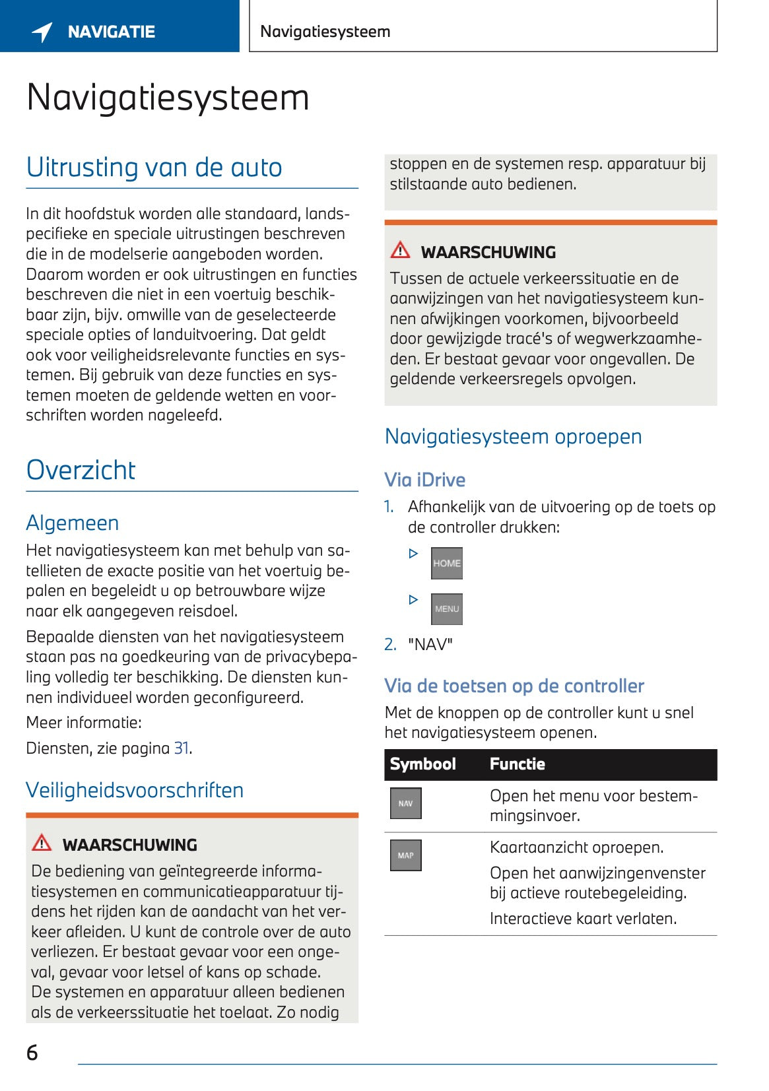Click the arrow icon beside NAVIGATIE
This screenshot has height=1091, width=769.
click(42, 32)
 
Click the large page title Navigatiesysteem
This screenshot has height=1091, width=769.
click(168, 98)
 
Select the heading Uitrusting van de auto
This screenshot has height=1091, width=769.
click(154, 168)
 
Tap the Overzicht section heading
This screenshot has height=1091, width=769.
click(81, 470)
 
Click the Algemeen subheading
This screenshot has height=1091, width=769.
click(73, 523)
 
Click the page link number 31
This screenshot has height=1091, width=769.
click(181, 748)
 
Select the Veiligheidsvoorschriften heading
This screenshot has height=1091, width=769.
click(135, 790)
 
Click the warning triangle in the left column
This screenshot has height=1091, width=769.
click(42, 843)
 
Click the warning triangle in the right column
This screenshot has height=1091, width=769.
click(400, 250)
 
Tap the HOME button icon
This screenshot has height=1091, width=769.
click(446, 563)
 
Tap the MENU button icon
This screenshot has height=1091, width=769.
click(446, 609)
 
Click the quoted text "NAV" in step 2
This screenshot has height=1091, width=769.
click(430, 644)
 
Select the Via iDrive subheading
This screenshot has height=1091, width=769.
click(424, 480)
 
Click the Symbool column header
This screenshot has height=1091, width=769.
click(422, 764)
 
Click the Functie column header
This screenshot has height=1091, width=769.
click(517, 764)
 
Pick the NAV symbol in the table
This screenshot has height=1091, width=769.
click(405, 803)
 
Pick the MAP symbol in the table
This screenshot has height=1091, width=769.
click(405, 855)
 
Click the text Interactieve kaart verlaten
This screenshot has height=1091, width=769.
click(583, 918)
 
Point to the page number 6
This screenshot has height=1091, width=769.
click(32, 1052)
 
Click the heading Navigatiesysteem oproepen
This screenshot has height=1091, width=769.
click(513, 436)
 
